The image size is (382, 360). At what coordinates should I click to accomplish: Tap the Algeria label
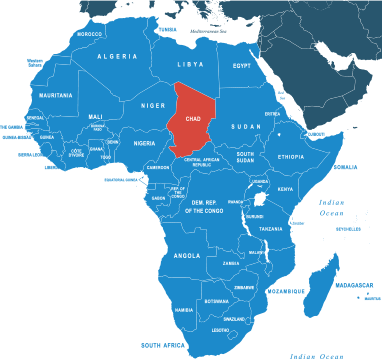[117, 57]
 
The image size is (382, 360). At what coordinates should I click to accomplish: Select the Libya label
[189, 64]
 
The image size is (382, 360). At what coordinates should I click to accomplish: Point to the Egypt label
[242, 66]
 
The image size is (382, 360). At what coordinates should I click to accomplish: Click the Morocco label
[89, 33]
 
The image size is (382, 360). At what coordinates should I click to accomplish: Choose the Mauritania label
[56, 95]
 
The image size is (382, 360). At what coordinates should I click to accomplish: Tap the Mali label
[95, 116]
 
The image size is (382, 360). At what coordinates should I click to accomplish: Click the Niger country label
[152, 105]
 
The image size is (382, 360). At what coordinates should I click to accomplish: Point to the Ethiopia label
[291, 157]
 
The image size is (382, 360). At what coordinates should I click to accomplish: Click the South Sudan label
[245, 157]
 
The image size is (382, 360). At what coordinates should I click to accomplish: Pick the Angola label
[187, 255]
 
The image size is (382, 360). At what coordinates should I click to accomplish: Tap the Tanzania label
[271, 229]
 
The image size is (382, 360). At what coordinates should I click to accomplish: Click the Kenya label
[285, 189]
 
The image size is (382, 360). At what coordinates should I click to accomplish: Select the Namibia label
[183, 310]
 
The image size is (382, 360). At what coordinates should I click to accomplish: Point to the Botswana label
[216, 301]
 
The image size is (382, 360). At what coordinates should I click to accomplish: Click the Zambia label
[231, 264]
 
